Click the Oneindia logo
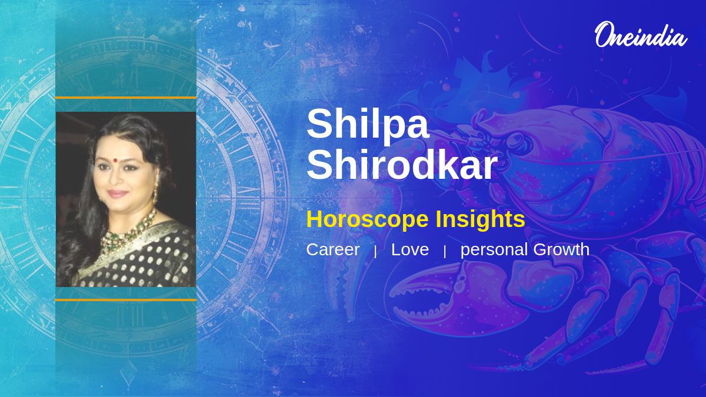coord(641,35)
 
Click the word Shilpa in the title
coord(368,124)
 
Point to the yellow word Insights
coord(480,219)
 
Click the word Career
coord(332,249)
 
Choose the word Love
coord(410,249)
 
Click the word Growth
coord(561,249)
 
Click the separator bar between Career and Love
coord(375,252)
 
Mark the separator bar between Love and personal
coord(445,252)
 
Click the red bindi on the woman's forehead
coord(116,160)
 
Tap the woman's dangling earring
coord(155,194)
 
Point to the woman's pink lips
coord(117,193)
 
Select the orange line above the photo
coord(126,98)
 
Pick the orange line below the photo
coord(126,300)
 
